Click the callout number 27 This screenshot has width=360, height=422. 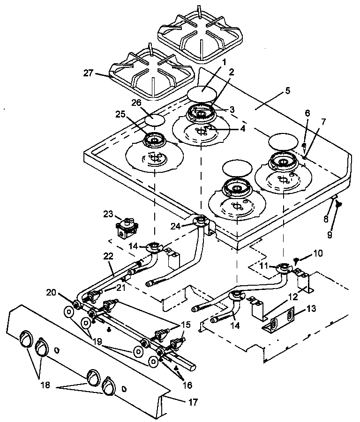(89, 73)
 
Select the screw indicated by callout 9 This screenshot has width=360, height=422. (337, 204)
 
